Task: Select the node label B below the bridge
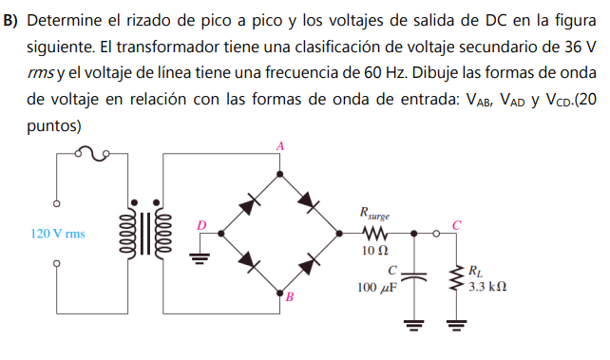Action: (291, 297)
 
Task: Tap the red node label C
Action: (456, 224)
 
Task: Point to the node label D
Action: (201, 225)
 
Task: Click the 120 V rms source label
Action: (59, 233)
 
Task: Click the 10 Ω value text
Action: (374, 251)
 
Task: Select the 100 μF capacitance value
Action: (376, 287)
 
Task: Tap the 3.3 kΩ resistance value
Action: (487, 285)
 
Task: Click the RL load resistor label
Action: (475, 271)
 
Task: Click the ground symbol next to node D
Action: (200, 253)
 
